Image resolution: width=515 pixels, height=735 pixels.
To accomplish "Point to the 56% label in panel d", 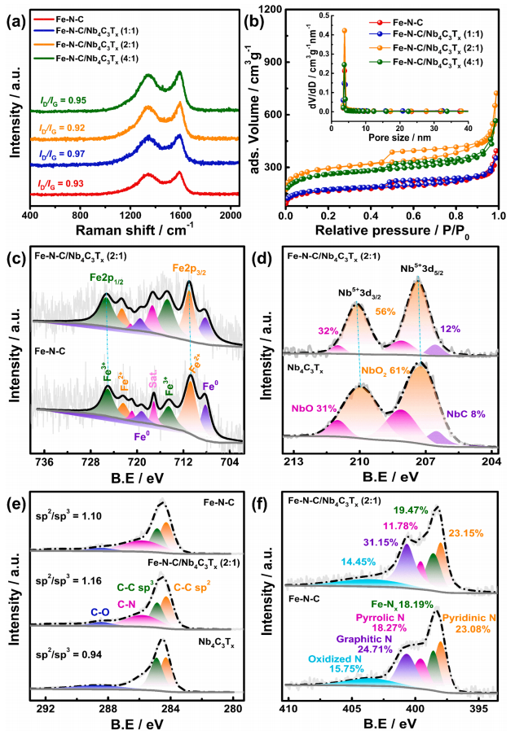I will click(x=385, y=311).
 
